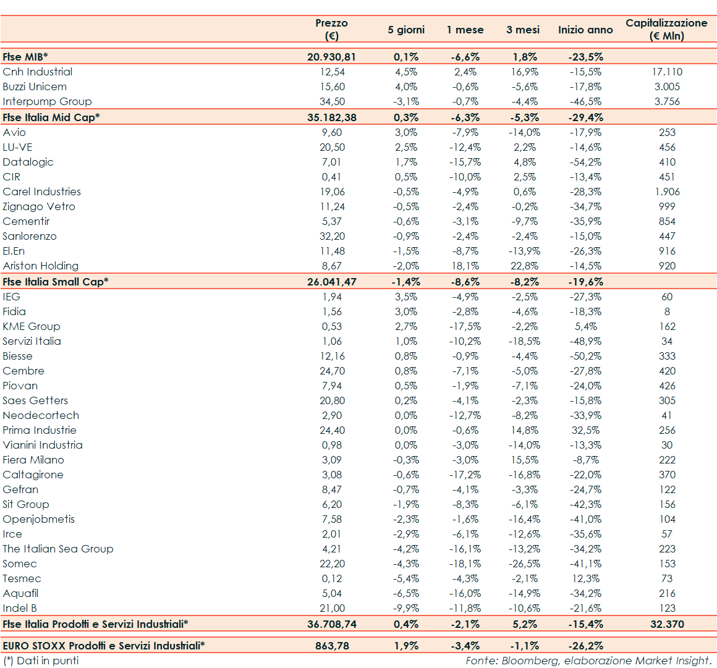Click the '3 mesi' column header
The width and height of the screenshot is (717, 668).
tap(523, 30)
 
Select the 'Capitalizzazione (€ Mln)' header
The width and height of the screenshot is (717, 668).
tap(666, 29)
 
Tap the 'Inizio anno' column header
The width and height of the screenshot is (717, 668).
tap(585, 30)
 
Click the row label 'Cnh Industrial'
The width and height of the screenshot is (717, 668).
tap(38, 72)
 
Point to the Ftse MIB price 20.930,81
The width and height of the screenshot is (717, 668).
tap(332, 57)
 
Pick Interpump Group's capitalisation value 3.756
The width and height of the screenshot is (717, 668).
tap(667, 101)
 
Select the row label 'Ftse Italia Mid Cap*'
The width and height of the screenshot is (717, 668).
tap(51, 117)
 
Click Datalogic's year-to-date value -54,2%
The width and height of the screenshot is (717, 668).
tap(585, 162)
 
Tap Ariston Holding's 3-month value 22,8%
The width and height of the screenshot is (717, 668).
tap(525, 266)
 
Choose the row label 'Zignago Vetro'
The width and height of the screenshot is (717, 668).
tap(39, 206)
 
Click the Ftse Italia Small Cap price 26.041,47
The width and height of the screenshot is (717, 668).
tap(332, 282)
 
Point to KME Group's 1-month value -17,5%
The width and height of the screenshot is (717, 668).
tap(465, 326)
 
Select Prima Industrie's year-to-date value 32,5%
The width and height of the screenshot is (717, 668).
tap(585, 430)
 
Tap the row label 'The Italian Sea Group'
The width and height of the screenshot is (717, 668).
tap(58, 549)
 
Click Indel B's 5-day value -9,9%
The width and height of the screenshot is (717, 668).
tap(407, 608)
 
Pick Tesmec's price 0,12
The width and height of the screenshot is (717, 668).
tap(332, 578)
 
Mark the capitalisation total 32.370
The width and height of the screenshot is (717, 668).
tap(667, 624)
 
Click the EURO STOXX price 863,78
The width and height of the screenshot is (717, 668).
tap(332, 646)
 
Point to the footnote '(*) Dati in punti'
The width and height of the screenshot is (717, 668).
tap(41, 661)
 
